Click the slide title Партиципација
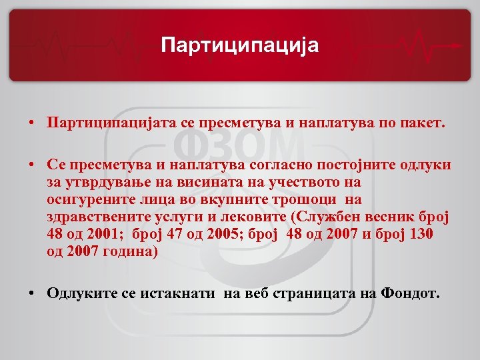(x=240, y=45)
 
